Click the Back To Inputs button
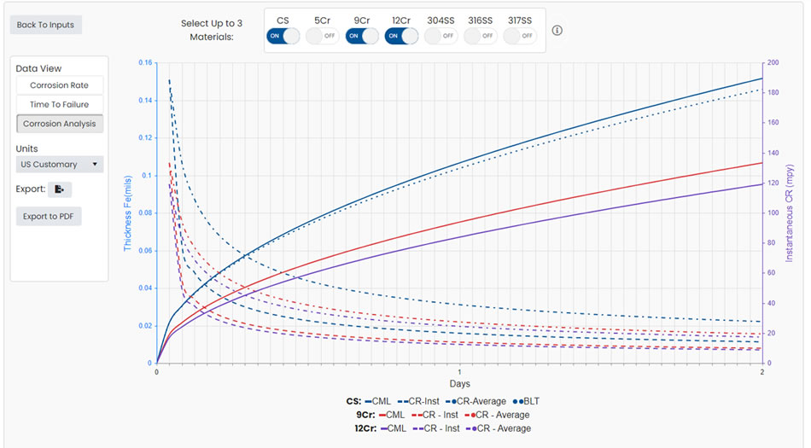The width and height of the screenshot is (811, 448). (x=45, y=25)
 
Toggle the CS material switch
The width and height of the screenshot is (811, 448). (x=283, y=36)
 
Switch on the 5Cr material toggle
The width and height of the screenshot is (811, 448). (x=322, y=36)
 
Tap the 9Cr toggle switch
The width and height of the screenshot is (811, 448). (x=362, y=36)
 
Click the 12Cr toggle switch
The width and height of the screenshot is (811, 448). (x=401, y=36)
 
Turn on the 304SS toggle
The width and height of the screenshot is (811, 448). (x=441, y=36)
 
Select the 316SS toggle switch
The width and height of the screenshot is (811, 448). (x=480, y=36)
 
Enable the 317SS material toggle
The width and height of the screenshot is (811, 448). (x=520, y=36)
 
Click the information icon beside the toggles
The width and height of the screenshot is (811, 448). (x=557, y=31)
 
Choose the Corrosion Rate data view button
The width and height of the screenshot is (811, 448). (x=59, y=85)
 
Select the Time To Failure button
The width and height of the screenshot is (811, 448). (x=59, y=104)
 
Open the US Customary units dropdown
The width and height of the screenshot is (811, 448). (x=59, y=164)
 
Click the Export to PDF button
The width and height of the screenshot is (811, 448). (x=49, y=216)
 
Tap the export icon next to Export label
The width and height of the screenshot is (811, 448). (x=60, y=189)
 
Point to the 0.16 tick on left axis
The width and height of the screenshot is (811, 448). (x=144, y=63)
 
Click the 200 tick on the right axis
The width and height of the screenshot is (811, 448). (x=773, y=63)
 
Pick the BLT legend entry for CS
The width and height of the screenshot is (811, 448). (x=527, y=401)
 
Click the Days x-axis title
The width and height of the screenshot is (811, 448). (x=460, y=384)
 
